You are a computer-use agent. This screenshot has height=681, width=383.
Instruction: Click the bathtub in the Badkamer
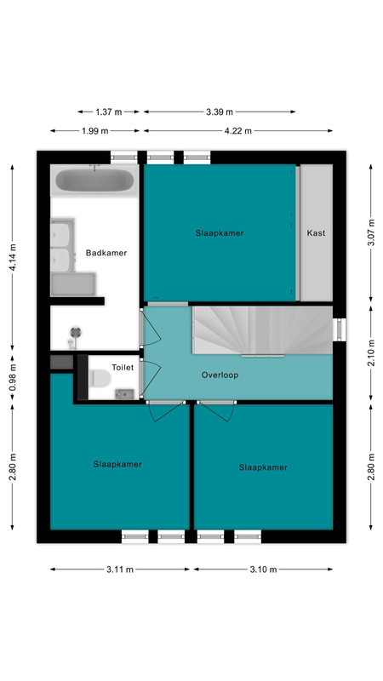(x=94, y=180)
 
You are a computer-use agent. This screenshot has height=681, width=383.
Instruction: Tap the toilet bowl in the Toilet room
(x=100, y=378)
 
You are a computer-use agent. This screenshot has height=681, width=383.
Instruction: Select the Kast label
(x=316, y=233)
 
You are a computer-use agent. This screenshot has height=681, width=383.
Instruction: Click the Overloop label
(x=220, y=375)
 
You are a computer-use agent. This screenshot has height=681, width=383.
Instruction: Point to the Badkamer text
(x=106, y=253)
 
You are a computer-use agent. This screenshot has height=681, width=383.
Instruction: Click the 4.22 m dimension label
(x=238, y=131)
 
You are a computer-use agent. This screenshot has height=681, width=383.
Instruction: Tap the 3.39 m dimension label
(x=220, y=112)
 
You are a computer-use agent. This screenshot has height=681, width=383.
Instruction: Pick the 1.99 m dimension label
(x=95, y=131)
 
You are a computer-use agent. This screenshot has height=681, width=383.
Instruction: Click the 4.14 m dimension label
(x=13, y=258)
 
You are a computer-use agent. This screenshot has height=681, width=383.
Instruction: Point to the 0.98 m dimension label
(x=13, y=377)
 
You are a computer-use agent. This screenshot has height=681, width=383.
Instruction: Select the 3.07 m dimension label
(x=371, y=232)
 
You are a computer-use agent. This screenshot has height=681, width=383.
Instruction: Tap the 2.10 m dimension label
(x=371, y=352)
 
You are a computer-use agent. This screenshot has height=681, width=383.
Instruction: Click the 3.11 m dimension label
(x=120, y=569)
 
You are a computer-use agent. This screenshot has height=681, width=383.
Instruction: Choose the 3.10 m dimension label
(x=263, y=569)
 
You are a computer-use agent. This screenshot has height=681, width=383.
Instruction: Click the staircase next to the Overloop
(x=262, y=330)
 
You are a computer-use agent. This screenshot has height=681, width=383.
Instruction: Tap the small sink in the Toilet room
(x=124, y=394)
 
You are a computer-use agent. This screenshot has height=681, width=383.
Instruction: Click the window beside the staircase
(x=340, y=329)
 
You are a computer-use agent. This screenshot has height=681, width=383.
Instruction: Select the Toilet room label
(x=123, y=368)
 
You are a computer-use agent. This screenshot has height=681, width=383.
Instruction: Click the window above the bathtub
(x=123, y=157)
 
